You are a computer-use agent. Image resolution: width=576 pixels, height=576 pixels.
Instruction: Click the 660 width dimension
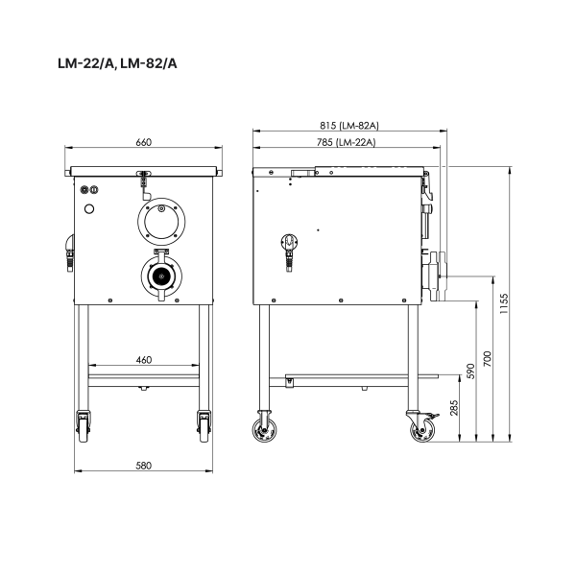pos(144,142)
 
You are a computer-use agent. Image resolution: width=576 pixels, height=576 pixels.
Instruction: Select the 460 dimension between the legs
pos(144,360)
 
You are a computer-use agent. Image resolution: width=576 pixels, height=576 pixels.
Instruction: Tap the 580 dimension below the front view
pos(144,465)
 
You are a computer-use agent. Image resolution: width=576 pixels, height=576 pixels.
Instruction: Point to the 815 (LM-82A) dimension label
pos(348,126)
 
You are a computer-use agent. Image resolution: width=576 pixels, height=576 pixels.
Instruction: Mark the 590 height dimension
pos(470,371)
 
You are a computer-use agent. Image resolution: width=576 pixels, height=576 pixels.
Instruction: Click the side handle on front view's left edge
pos(68,252)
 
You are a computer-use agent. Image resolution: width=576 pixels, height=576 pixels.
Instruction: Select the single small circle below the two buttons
pos(90,207)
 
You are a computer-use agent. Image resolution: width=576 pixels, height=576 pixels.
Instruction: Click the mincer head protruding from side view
pos(438,275)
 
